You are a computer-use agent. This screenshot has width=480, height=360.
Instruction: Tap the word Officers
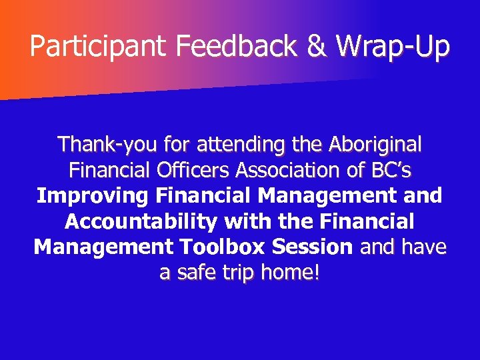tap(195, 170)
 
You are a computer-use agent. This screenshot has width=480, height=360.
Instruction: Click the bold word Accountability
tap(146, 221)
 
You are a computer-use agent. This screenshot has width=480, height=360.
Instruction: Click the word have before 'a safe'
tap(424, 247)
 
